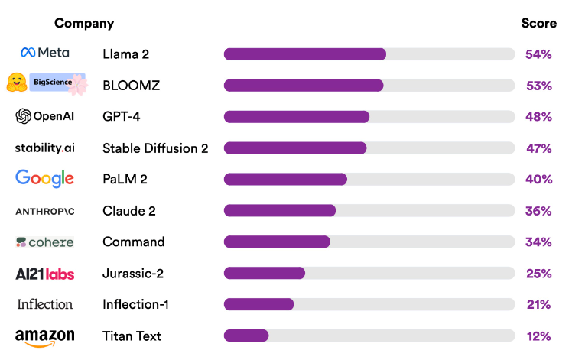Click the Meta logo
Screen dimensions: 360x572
point(44,53)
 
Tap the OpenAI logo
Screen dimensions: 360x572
point(44,116)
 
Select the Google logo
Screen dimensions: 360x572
point(44,179)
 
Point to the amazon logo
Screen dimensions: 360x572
point(44,337)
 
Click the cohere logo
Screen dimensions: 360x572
point(44,242)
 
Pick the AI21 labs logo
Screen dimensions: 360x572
point(44,274)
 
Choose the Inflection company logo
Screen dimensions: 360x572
point(44,304)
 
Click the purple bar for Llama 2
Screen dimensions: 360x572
point(304,54)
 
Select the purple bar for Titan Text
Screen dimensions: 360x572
point(245,336)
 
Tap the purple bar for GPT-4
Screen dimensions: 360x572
point(296,116)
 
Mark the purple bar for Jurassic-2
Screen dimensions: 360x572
point(264,273)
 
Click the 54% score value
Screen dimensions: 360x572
point(538,54)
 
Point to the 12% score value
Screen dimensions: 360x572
point(538,336)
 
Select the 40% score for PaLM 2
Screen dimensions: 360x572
point(538,180)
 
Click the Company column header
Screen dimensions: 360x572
point(84,23)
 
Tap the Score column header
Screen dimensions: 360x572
point(538,23)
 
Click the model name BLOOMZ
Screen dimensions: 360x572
point(131,86)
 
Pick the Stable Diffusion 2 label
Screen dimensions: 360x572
point(155,148)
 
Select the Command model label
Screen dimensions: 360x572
point(133,242)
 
